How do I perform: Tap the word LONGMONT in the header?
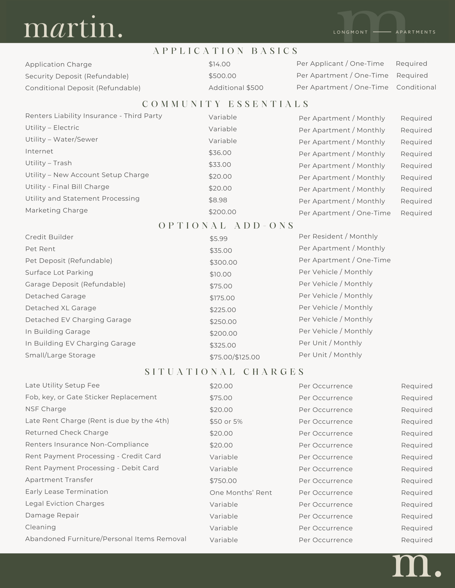(x=350, y=32)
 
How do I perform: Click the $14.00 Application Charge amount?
(x=219, y=64)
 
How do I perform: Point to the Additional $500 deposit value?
(x=236, y=88)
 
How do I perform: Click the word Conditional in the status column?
(x=416, y=88)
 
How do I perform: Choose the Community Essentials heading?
(x=226, y=104)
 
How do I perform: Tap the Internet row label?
(x=39, y=151)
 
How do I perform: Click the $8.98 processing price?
(x=218, y=200)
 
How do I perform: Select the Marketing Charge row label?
(x=56, y=210)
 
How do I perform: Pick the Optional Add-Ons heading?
(x=226, y=225)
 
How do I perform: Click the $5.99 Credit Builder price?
(x=219, y=239)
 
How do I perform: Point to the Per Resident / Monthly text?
(x=338, y=236)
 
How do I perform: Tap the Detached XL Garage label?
(x=61, y=308)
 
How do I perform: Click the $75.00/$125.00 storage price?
(x=234, y=357)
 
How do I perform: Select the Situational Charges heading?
(x=225, y=372)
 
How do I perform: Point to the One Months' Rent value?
(x=241, y=493)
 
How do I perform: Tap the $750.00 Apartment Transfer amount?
(x=223, y=481)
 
